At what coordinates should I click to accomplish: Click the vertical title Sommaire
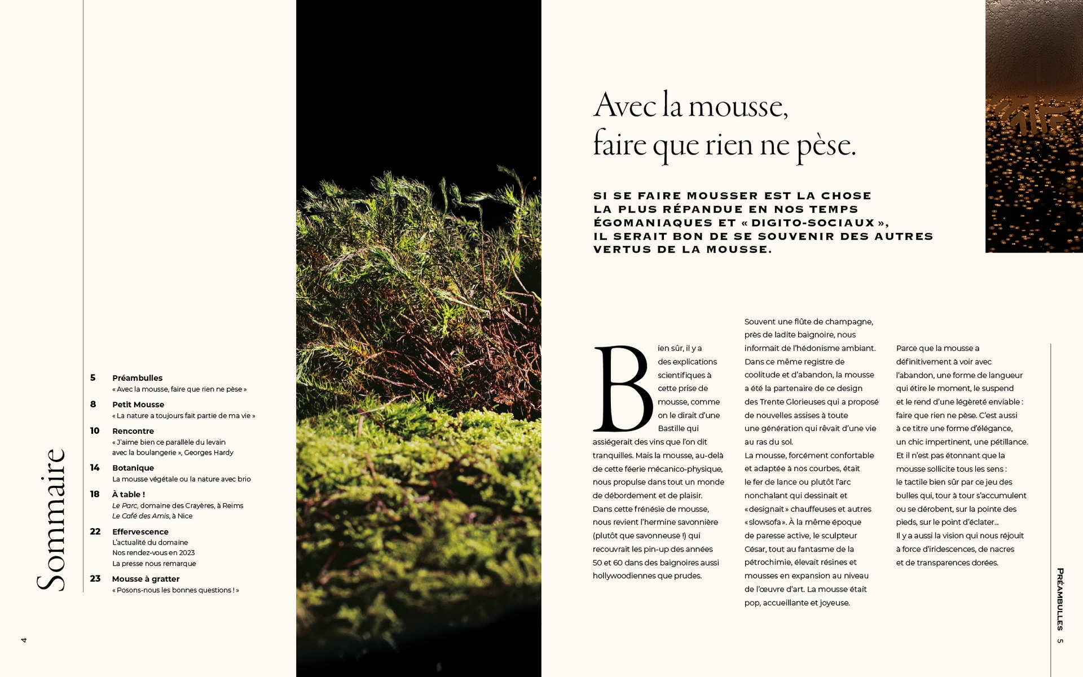[x=51, y=520]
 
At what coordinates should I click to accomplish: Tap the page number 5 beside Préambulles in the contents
[x=93, y=377]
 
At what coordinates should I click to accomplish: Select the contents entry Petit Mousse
[x=138, y=405]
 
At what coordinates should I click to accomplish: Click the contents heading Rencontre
[x=133, y=431]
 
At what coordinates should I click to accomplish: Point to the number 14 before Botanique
[x=95, y=468]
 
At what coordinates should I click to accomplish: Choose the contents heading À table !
[x=129, y=494]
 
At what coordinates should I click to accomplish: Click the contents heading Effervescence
[x=140, y=531]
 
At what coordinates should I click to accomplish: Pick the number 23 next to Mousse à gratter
[x=95, y=579]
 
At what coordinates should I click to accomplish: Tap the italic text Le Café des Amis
[x=140, y=516]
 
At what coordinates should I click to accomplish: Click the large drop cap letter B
[x=623, y=389]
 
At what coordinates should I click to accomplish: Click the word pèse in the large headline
[x=826, y=146]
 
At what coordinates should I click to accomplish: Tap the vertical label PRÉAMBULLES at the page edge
[x=1060, y=599]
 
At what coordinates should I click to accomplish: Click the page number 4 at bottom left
[x=24, y=640]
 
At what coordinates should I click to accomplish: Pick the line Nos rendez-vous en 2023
[x=153, y=553]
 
